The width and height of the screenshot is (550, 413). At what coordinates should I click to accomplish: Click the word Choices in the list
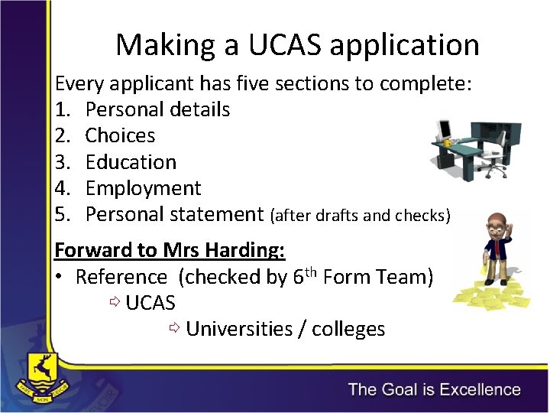(x=120, y=136)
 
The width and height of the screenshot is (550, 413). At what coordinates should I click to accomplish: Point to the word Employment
(x=143, y=189)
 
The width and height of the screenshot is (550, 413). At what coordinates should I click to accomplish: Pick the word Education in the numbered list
(x=131, y=162)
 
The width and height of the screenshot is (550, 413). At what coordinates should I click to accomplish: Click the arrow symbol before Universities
(x=174, y=329)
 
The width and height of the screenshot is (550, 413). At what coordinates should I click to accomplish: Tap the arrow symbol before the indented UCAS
(x=115, y=303)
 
